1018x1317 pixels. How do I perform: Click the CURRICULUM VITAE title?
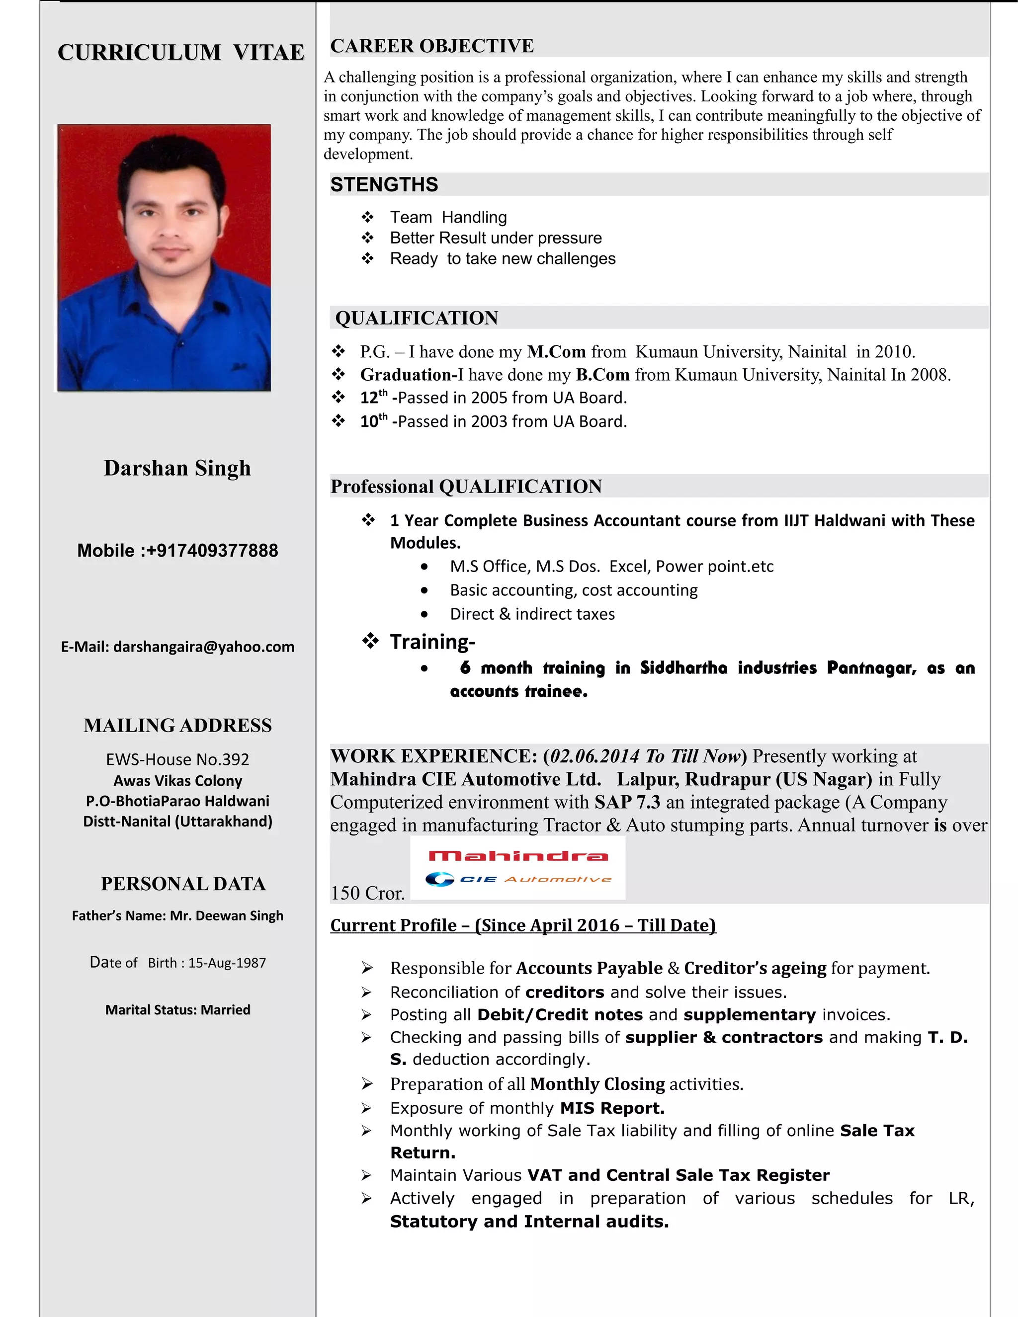coord(181,53)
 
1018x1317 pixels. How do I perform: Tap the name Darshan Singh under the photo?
coord(177,469)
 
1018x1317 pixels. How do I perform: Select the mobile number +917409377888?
coord(212,551)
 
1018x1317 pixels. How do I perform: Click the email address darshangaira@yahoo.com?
coord(204,647)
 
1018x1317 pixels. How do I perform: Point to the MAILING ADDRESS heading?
coord(177,726)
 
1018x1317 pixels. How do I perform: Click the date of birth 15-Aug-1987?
coord(227,963)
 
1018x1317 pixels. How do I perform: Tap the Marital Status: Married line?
coord(177,1010)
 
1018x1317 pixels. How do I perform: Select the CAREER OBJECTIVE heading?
coord(432,46)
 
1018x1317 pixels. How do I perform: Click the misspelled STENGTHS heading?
coord(384,184)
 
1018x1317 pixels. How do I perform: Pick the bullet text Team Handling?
coord(448,217)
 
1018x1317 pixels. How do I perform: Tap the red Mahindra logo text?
coord(518,856)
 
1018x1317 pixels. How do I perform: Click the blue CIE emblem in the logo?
coord(439,879)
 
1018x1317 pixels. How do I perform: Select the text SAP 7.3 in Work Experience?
coord(627,803)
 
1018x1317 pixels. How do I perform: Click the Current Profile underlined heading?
coord(523,926)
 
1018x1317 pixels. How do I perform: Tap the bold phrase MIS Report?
coord(612,1108)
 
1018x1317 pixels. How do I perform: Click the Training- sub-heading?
coord(432,642)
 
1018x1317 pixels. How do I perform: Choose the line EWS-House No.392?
coord(177,759)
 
